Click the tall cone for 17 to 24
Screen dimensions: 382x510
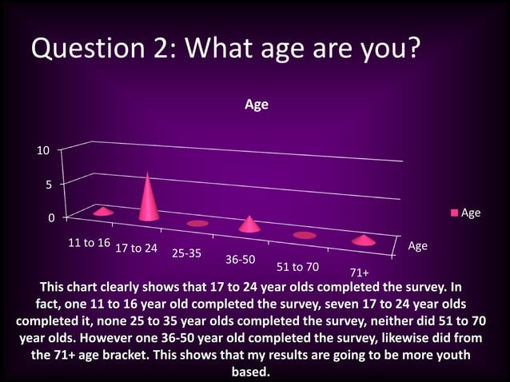149,200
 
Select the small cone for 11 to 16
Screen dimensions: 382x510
103,212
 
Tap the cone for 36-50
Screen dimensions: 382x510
250,225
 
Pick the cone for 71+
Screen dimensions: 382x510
364,240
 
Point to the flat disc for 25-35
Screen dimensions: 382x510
197,223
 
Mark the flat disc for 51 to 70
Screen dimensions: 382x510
305,235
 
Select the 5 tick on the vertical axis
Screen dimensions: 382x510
49,184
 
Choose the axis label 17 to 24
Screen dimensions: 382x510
137,248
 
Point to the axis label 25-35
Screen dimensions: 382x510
186,253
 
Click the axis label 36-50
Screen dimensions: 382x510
240,260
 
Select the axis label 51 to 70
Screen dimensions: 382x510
297,266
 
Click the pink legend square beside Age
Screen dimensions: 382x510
455,213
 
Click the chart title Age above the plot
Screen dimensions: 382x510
256,105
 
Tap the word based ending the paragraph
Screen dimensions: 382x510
250,372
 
